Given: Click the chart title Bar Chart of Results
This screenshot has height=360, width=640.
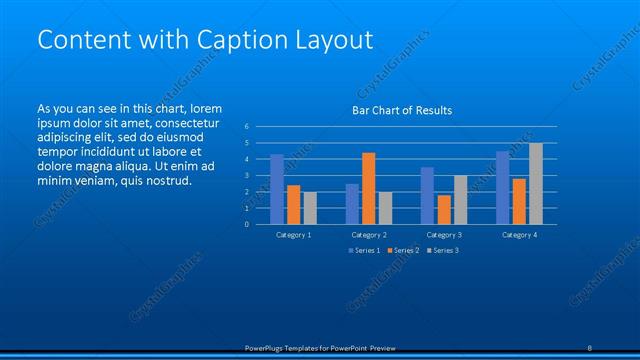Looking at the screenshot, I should (x=402, y=110).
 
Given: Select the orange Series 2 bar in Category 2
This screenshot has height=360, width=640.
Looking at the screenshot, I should (x=368, y=188).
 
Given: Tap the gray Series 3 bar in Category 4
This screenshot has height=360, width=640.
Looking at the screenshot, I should (x=536, y=184).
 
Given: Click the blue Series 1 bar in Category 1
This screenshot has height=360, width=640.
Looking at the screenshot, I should (x=277, y=189).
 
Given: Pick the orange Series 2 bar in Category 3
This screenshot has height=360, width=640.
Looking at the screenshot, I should (x=443, y=209).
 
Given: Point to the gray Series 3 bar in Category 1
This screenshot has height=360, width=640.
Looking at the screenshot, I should (x=310, y=208).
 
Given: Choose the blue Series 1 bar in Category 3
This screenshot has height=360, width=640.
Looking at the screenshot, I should (x=427, y=196).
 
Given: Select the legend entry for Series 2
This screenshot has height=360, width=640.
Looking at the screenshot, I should (x=402, y=250).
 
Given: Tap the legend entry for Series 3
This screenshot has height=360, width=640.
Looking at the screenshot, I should (x=441, y=250).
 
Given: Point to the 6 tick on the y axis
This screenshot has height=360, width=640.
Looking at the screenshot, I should (x=247, y=127).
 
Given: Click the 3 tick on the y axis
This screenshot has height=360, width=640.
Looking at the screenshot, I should (x=247, y=176).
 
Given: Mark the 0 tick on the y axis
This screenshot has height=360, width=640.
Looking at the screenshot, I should (x=247, y=224).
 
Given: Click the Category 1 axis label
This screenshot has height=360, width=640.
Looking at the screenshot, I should (x=293, y=234).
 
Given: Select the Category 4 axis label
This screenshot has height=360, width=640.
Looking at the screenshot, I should (x=518, y=234).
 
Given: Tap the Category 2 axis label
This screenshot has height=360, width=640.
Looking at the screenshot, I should (x=368, y=234).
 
